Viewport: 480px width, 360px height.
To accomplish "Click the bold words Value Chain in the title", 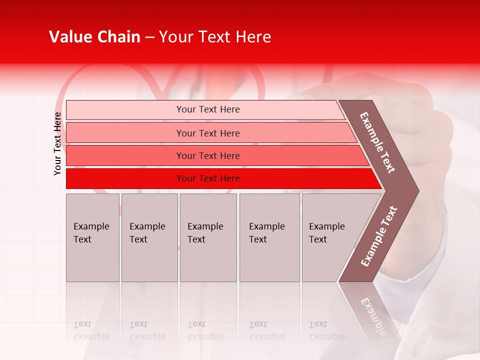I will coord(94,37).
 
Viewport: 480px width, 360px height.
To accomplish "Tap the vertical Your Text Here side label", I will coord(57,143).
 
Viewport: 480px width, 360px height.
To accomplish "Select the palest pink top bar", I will coord(125,110).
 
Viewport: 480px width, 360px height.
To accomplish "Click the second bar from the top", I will coord(125,133).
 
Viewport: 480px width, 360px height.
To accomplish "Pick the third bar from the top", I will coord(125,155).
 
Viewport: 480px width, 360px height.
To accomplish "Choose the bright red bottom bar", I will coord(125,178).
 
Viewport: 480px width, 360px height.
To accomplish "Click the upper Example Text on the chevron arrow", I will coord(377,142).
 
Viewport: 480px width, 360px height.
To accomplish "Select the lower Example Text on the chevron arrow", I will coord(378,236).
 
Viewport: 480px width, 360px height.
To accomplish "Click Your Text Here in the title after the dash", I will coord(215,37).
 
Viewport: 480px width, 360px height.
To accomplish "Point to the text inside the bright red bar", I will coord(208,178).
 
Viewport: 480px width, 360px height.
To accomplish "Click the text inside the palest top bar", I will coord(208,109).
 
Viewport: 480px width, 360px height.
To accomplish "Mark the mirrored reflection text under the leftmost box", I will coord(91,330).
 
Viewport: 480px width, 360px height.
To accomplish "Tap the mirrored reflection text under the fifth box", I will coord(327,330).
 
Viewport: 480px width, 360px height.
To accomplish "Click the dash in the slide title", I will coord(149,37).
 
